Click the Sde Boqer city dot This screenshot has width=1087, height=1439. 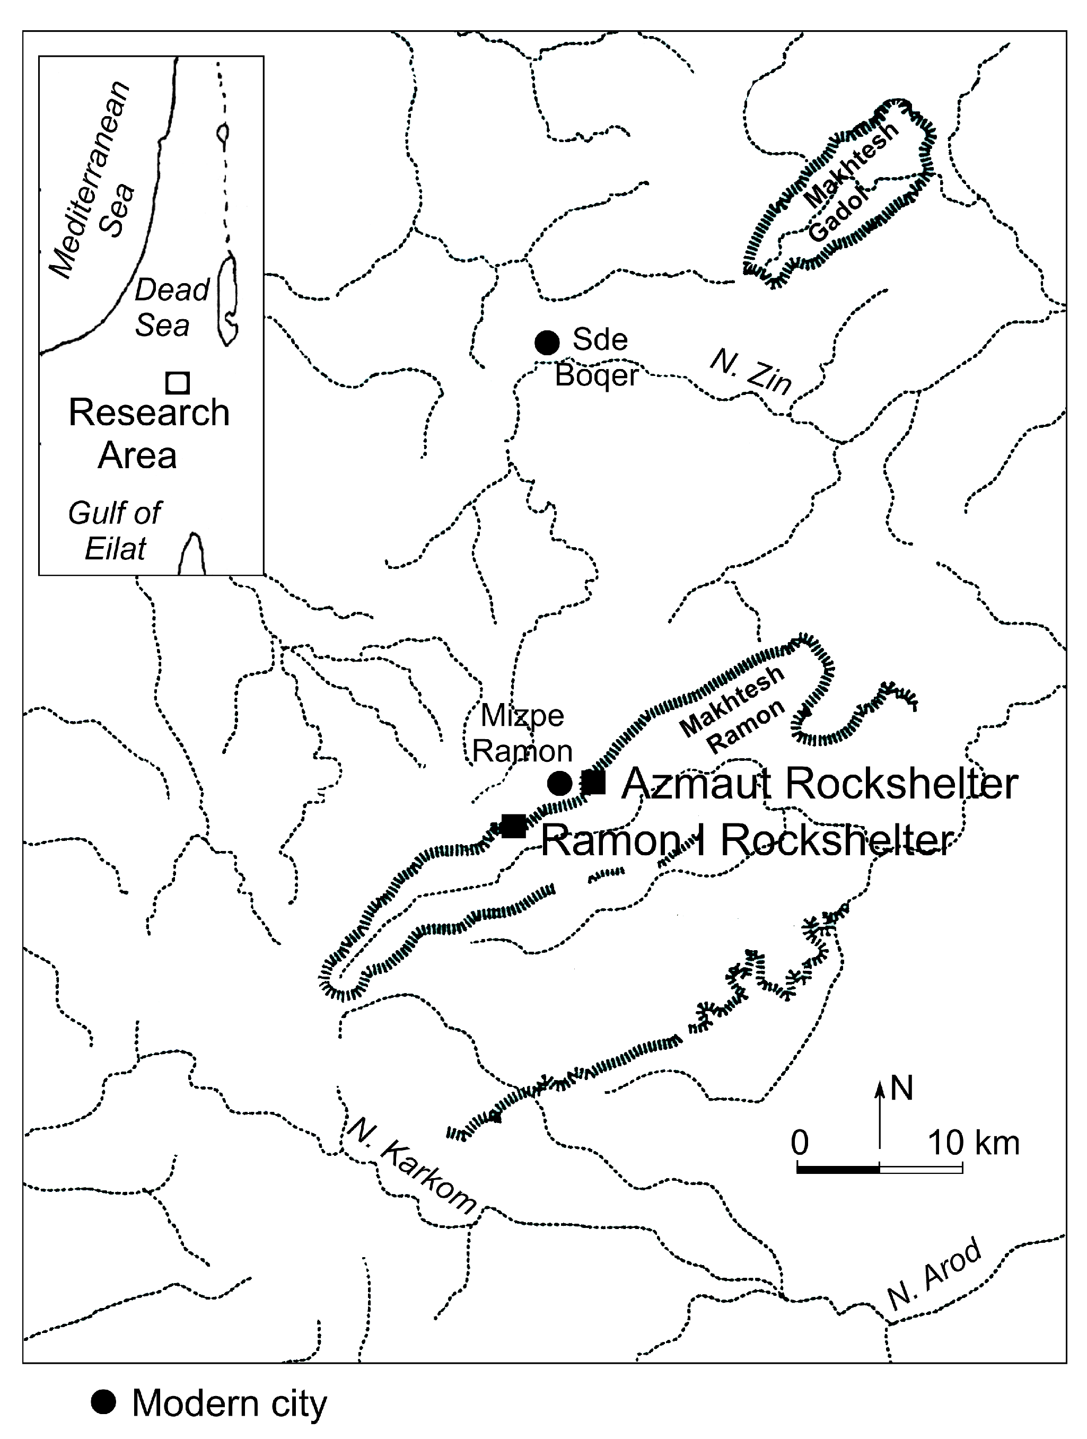[x=547, y=342]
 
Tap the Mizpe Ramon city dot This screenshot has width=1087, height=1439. [x=560, y=783]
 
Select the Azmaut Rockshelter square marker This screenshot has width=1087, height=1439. [x=593, y=782]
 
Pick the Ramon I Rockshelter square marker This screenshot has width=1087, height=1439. [x=514, y=826]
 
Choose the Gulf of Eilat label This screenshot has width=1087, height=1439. [x=115, y=531]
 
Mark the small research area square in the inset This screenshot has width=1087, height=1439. [x=177, y=382]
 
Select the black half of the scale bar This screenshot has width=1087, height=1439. [x=838, y=1169]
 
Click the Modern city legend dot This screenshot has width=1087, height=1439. [x=103, y=1402]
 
